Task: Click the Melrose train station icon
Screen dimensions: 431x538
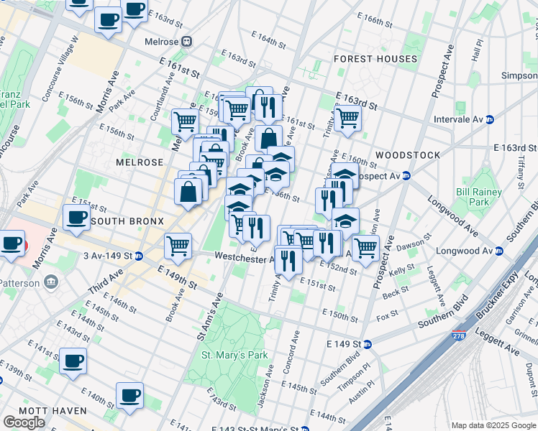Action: pos(186,42)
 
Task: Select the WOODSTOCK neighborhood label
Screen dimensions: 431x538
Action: pos(407,155)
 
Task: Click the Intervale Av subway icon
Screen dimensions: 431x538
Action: pos(490,119)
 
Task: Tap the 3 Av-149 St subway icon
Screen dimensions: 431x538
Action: pos(138,255)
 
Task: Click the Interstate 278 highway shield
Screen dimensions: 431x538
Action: pos(459,335)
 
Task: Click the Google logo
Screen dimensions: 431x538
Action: pos(24,422)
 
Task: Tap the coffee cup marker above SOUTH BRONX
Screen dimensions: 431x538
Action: pos(76,218)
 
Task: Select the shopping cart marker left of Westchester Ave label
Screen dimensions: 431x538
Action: pos(178,246)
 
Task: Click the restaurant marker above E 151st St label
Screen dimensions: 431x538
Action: pos(288,259)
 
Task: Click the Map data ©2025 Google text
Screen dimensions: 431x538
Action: pos(493,425)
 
